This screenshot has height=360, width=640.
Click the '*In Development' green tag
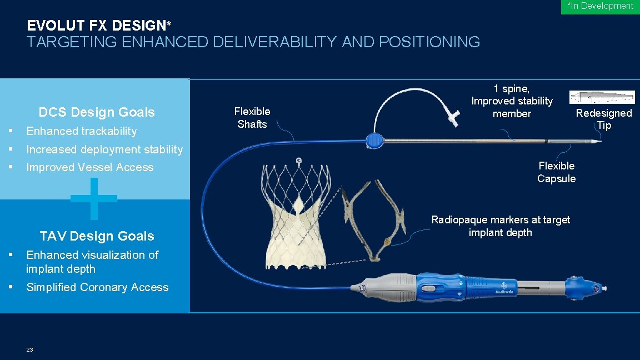[x=600, y=6]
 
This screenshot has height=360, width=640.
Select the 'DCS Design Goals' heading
[x=97, y=112]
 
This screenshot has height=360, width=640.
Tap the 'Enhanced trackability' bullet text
[x=81, y=131]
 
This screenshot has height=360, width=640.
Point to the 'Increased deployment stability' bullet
[x=104, y=149]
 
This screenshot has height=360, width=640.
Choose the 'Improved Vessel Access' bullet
[x=89, y=167]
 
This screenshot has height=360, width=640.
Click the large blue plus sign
[x=94, y=198]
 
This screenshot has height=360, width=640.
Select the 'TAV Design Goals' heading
[x=97, y=236]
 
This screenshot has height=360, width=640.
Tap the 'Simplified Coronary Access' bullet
[x=97, y=287]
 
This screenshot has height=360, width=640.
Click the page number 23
[x=29, y=349]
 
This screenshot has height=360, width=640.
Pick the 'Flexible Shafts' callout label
[x=252, y=118]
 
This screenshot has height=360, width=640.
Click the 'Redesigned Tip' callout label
[x=604, y=119]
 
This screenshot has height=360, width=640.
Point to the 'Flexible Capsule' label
[x=556, y=172]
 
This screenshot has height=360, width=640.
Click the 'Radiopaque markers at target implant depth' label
[x=501, y=226]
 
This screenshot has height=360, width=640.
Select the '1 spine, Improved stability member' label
[x=512, y=101]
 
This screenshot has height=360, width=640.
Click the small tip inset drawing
[x=602, y=97]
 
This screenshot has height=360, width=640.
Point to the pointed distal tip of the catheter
[x=597, y=142]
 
